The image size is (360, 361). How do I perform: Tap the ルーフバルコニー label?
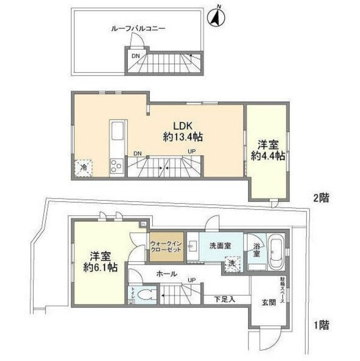point(137,27)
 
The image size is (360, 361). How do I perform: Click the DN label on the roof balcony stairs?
point(136,56)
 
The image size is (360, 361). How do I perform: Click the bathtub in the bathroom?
point(277,253)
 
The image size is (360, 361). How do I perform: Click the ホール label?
point(167,274)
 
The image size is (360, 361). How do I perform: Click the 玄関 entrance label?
point(268,302)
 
